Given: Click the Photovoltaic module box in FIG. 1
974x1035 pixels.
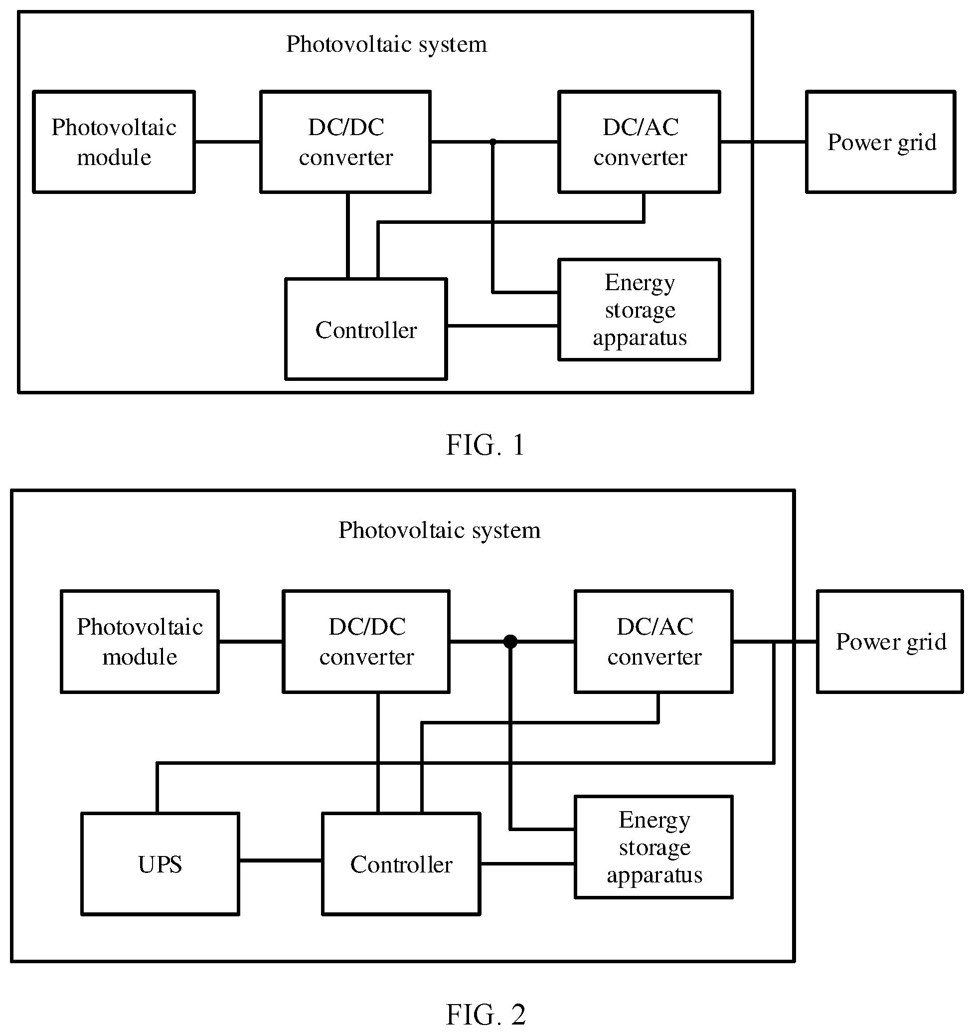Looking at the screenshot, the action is click(x=114, y=142).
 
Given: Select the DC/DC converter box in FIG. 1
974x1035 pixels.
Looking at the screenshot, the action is click(x=345, y=142).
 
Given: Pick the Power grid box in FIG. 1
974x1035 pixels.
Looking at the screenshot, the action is click(x=881, y=142).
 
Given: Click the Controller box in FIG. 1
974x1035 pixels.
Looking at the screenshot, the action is click(x=366, y=329).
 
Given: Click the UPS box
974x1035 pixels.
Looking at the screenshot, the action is click(x=161, y=863).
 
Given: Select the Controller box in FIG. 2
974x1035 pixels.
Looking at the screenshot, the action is click(x=401, y=863).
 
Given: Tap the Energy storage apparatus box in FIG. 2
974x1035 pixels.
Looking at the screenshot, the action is click(x=654, y=847).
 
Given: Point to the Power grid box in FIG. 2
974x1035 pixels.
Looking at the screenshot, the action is click(x=890, y=642).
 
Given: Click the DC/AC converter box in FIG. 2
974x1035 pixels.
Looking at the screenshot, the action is click(x=654, y=642).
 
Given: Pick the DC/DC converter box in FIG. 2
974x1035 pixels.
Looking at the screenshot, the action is click(x=366, y=642).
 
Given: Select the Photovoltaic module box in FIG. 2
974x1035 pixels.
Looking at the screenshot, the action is click(x=140, y=642).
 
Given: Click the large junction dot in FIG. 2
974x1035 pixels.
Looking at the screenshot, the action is click(x=510, y=642).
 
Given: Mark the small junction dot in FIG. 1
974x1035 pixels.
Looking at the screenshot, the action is click(x=492, y=142).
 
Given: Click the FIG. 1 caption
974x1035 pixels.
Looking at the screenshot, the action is click(x=485, y=445).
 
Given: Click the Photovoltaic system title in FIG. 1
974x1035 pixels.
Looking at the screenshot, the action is click(x=387, y=44).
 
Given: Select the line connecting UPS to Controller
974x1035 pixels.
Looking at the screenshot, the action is click(x=281, y=860).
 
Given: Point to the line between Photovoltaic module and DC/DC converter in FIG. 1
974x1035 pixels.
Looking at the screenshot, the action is click(x=227, y=142).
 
